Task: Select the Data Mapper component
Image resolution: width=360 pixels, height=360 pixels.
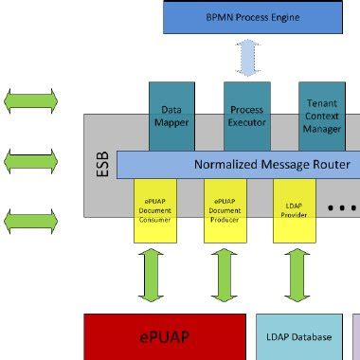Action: coord(171,116)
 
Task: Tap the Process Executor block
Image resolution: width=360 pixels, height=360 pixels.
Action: coord(246,116)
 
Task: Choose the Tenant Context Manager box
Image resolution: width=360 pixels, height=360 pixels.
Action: coord(322,116)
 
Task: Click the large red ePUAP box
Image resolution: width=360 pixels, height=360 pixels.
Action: coord(162,336)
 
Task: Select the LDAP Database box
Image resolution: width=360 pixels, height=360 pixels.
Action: coord(298,336)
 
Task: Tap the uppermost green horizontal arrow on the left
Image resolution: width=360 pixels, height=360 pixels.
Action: coord(31,99)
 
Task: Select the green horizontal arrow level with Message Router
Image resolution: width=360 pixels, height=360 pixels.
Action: coord(31,162)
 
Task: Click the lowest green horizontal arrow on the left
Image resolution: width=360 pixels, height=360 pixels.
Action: coord(31,224)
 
